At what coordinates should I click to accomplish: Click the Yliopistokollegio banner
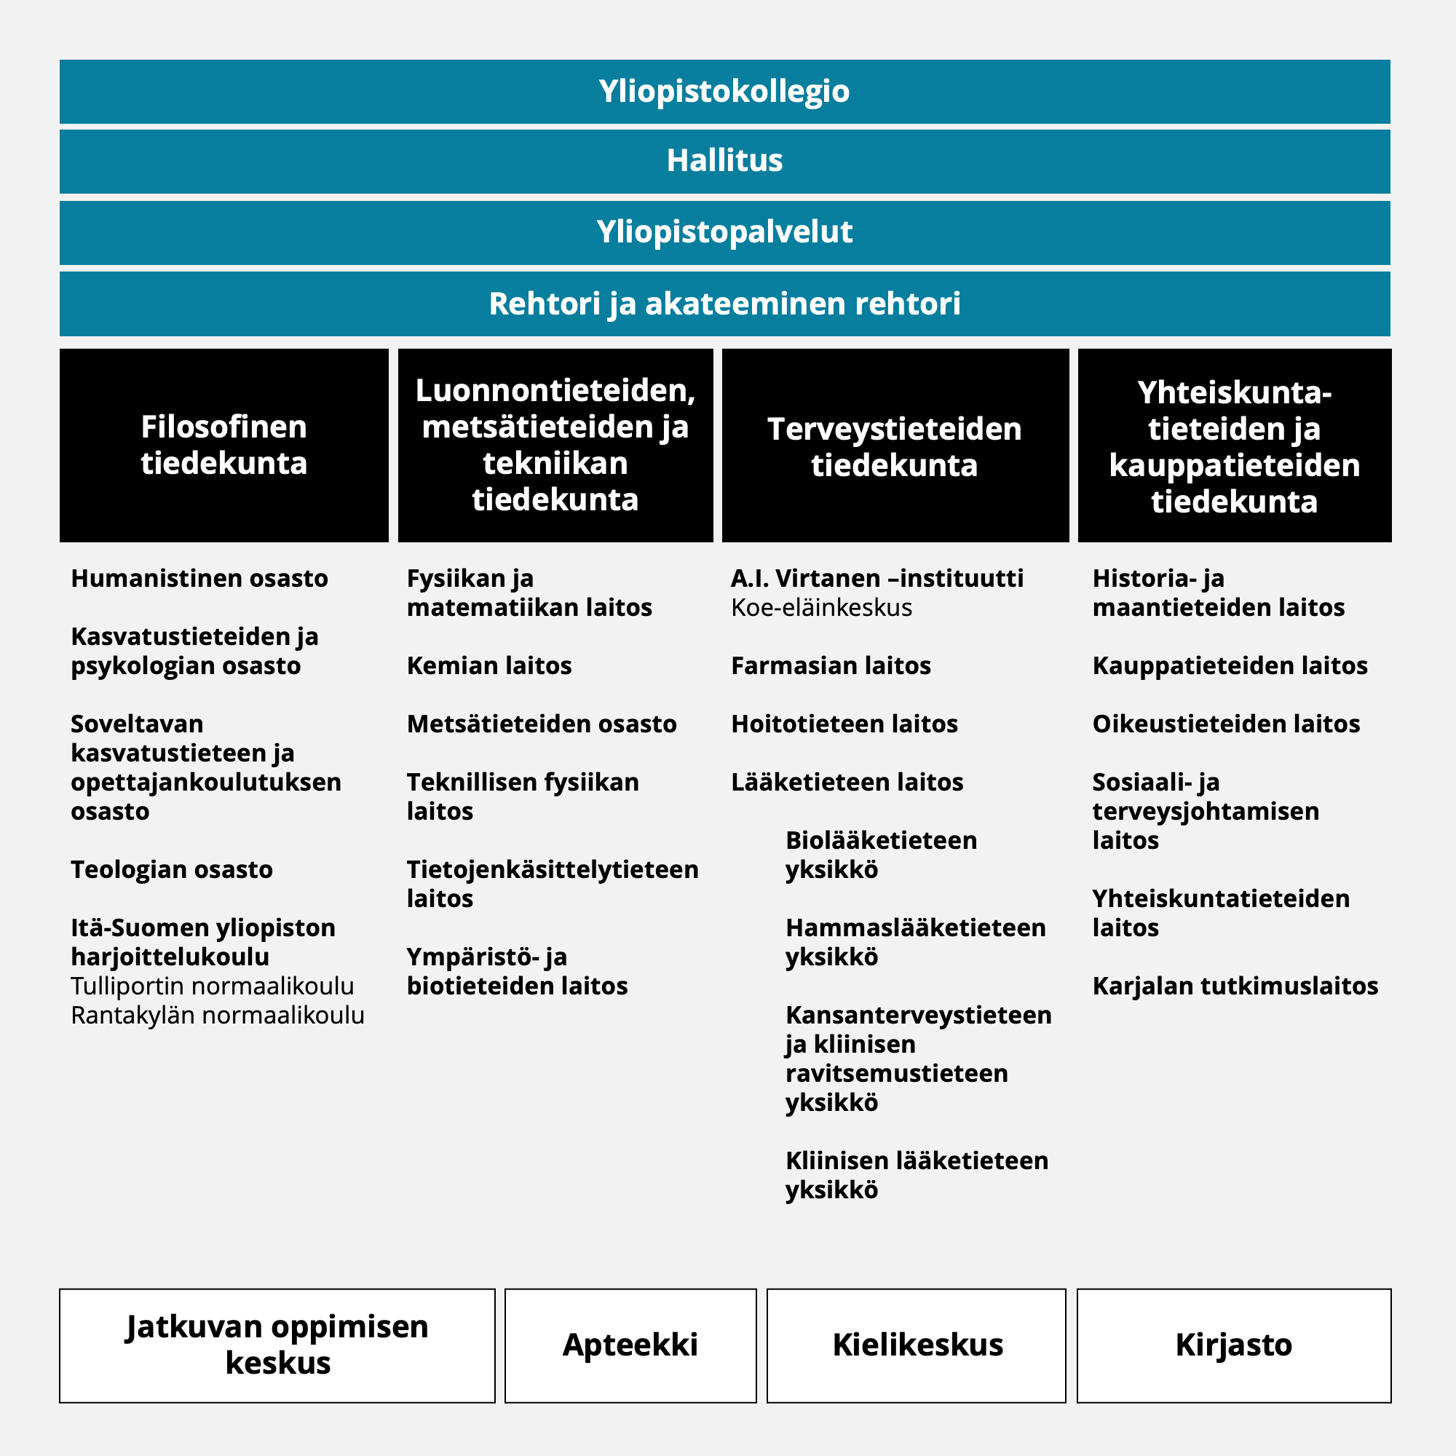(x=724, y=91)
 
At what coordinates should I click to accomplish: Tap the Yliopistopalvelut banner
(x=724, y=232)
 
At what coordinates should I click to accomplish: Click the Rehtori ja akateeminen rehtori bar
(x=724, y=304)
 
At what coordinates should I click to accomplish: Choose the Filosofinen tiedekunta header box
(x=223, y=445)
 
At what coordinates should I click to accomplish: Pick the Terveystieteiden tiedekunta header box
(x=895, y=446)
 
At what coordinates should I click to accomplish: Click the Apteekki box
(x=630, y=1345)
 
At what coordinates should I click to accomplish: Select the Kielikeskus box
(x=917, y=1345)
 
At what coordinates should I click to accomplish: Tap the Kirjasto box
(x=1234, y=1345)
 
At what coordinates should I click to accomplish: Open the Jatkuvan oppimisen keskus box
(x=277, y=1345)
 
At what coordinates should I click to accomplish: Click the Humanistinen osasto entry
(x=199, y=579)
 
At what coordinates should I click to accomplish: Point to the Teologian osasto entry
(x=172, y=870)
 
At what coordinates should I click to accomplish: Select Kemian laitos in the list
(x=489, y=666)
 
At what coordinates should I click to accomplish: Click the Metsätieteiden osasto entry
(x=542, y=724)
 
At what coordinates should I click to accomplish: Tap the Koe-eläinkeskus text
(x=821, y=608)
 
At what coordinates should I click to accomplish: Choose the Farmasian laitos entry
(x=831, y=666)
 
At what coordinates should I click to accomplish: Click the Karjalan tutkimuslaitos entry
(x=1235, y=986)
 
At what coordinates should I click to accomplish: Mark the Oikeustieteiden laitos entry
(x=1226, y=724)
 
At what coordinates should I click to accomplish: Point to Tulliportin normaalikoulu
(x=213, y=986)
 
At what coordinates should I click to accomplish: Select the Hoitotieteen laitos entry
(x=844, y=724)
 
